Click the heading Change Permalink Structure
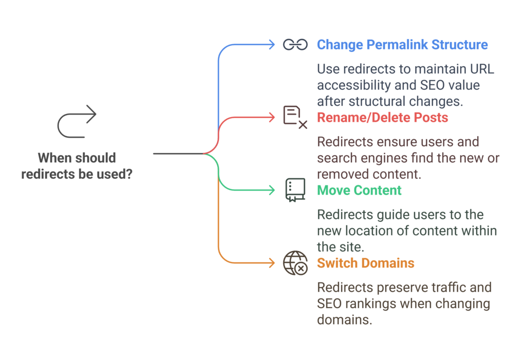point(402,45)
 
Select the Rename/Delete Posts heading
point(382,118)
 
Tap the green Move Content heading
point(359,190)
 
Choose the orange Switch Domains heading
point(366,263)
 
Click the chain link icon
point(295,45)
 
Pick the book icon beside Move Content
point(295,190)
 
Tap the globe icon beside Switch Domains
point(295,263)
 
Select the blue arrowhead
point(272,45)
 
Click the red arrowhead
point(272,118)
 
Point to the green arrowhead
point(272,190)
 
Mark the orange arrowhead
point(272,263)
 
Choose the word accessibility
point(354,85)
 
